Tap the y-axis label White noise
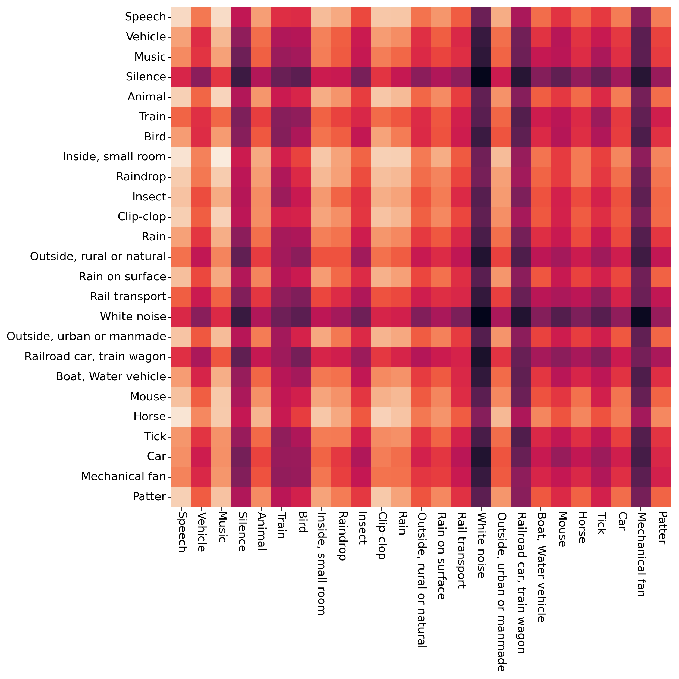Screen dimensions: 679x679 coord(133,317)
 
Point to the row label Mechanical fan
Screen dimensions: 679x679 coord(123,477)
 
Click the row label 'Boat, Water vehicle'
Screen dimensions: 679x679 coord(111,377)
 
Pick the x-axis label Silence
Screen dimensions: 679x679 coord(241,531)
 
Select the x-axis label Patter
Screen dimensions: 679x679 coord(661,527)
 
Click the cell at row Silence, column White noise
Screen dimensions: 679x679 coord(481,77)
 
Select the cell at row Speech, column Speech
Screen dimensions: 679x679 coord(181,17)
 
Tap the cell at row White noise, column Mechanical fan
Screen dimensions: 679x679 coord(641,317)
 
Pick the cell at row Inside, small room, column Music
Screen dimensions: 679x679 coord(221,157)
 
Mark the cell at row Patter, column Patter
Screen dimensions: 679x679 coord(661,496)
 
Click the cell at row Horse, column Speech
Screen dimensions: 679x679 coord(181,416)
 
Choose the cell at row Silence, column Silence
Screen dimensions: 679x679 coord(241,77)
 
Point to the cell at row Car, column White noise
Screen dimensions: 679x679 coord(481,457)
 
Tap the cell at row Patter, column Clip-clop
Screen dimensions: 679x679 coord(381,496)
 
